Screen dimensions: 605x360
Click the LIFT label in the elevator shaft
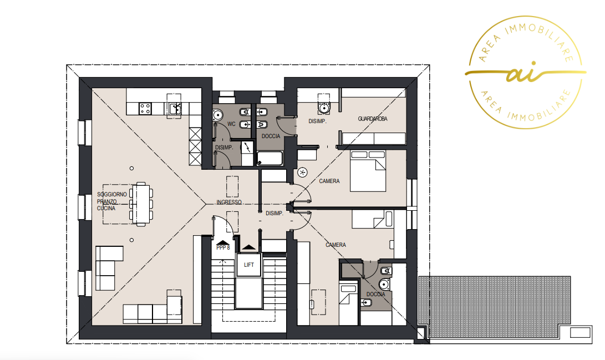pyautogui.click(x=249, y=265)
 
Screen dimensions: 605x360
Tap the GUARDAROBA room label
pyautogui.click(x=372, y=119)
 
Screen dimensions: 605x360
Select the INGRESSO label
pyautogui.click(x=229, y=202)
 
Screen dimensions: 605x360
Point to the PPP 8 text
pyautogui.click(x=223, y=248)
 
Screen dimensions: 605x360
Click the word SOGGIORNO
pyautogui.click(x=112, y=195)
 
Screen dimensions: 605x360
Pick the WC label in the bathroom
pyautogui.click(x=231, y=124)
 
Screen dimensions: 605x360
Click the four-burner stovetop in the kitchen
pyautogui.click(x=145, y=108)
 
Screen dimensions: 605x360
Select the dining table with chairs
pyautogui.click(x=141, y=204)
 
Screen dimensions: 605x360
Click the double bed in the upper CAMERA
pyautogui.click(x=368, y=170)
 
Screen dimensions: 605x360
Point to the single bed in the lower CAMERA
pyautogui.click(x=372, y=219)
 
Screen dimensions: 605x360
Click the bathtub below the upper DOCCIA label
pyautogui.click(x=270, y=158)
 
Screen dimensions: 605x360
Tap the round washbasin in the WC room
pyautogui.click(x=217, y=115)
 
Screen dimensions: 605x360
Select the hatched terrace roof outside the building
pyautogui.click(x=494, y=307)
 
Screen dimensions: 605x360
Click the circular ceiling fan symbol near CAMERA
pyautogui.click(x=303, y=173)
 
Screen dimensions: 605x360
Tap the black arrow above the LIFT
pyautogui.click(x=249, y=247)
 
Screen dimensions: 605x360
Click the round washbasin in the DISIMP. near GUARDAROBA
pyautogui.click(x=324, y=108)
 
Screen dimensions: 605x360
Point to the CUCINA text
pyautogui.click(x=106, y=209)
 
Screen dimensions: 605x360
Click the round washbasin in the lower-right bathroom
pyautogui.click(x=384, y=285)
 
